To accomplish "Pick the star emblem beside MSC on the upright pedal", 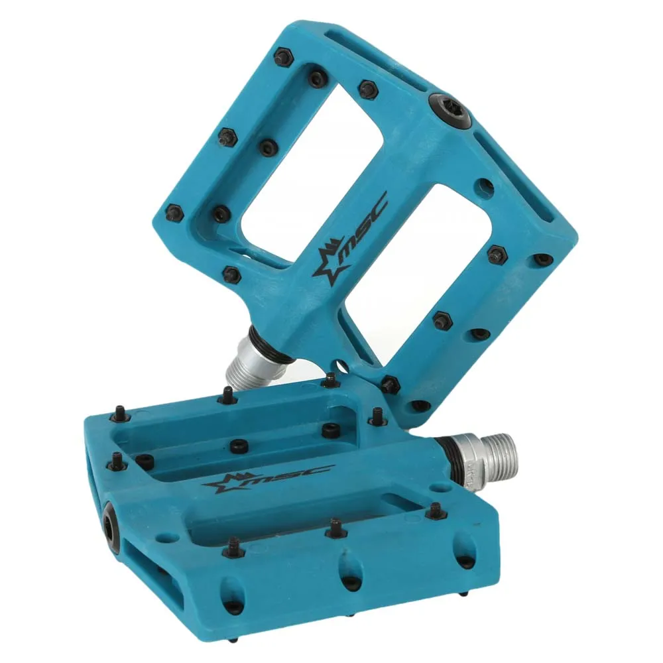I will (x=330, y=265).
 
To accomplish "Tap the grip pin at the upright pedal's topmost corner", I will (x=282, y=57).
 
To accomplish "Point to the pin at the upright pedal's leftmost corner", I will (x=174, y=212).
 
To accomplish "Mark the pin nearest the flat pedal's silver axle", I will (x=434, y=511).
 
